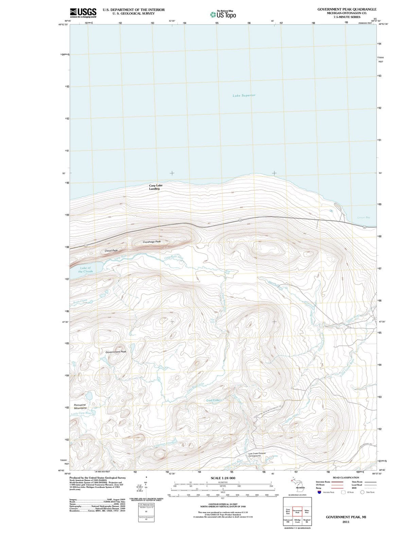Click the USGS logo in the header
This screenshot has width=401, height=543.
point(83,13)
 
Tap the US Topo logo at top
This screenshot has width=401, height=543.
point(223,15)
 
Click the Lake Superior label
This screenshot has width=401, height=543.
point(244,95)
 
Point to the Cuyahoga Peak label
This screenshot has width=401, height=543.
point(152,242)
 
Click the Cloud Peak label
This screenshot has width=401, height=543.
point(111,250)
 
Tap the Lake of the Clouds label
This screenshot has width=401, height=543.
point(85,270)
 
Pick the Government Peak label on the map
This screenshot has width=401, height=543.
point(116,352)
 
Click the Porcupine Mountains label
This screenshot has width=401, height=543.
point(80,407)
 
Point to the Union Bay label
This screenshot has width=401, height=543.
point(364,217)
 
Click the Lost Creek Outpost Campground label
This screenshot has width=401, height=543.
point(257,454)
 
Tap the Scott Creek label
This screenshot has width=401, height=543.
point(81,301)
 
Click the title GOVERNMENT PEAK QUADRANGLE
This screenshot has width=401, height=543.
point(347,9)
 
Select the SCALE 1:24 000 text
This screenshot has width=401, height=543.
point(223,478)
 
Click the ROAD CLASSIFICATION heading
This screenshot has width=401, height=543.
point(346,478)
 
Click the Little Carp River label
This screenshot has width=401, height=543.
point(82,413)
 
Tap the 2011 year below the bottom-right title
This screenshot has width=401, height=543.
point(346,522)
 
